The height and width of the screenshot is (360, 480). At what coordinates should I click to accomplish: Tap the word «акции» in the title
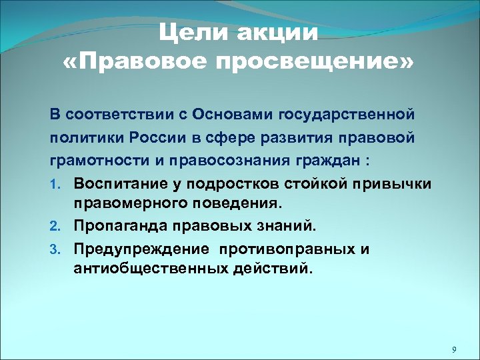[277, 33]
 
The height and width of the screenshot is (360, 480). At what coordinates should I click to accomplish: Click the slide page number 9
[453, 349]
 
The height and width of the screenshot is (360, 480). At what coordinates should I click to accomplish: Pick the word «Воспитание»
[116, 183]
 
